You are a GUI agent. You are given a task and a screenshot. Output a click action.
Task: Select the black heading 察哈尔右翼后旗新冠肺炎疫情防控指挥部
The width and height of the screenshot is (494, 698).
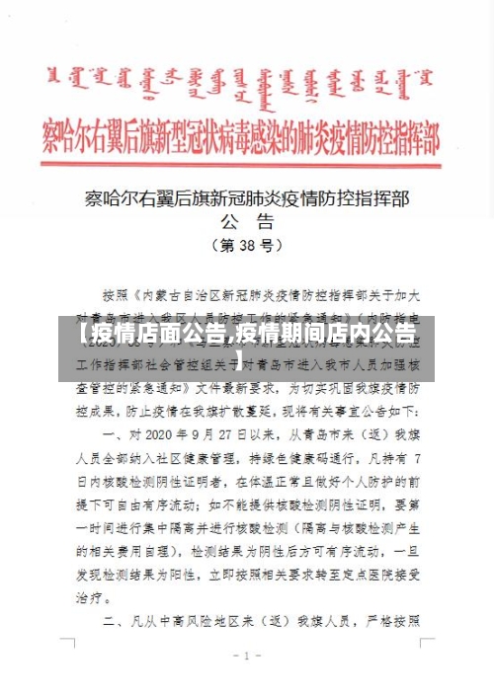point(246,197)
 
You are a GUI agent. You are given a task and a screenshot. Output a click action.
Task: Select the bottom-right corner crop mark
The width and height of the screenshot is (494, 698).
point(427,643)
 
